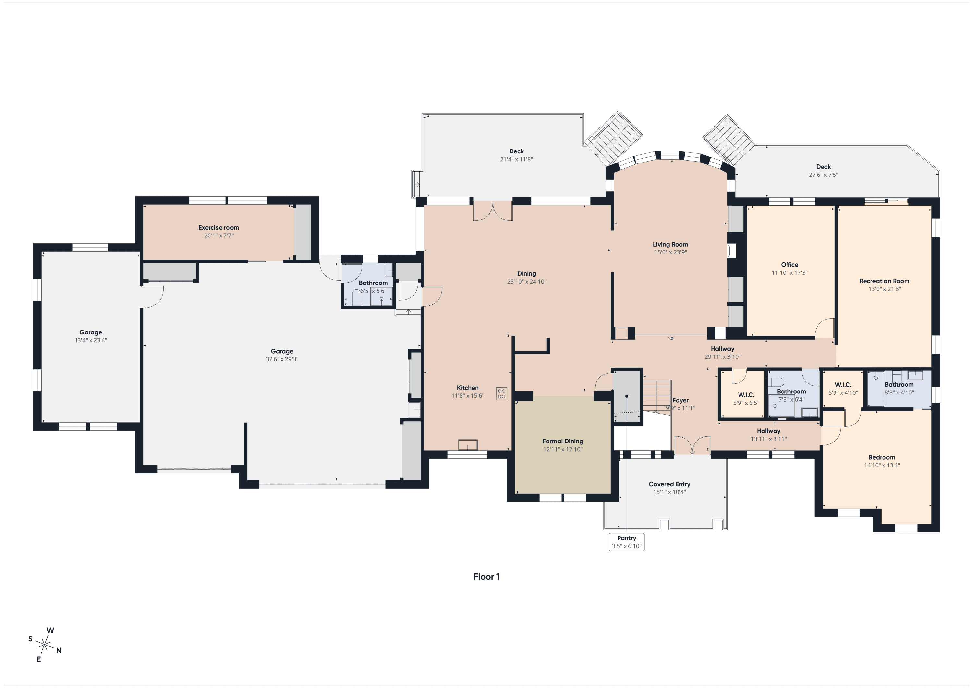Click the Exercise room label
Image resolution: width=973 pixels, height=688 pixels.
219,228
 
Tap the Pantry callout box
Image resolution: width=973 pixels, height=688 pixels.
626,542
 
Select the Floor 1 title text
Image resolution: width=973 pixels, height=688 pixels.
486,577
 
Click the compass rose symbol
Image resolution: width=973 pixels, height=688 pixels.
44,646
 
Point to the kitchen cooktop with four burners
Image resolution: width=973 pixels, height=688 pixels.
502,393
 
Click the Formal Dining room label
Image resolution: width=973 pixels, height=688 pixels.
563,441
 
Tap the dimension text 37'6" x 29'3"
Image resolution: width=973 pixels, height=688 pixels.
282,359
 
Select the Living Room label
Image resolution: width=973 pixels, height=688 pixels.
670,245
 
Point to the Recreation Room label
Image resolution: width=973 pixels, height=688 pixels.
884,281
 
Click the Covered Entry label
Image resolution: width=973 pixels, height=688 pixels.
669,484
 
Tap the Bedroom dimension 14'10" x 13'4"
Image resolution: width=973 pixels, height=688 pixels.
882,465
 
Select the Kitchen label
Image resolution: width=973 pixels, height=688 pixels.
468,388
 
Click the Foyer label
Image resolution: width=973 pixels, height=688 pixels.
680,401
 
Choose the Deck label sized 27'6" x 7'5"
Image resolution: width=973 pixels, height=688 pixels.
823,167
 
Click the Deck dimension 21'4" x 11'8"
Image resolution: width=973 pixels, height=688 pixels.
517,159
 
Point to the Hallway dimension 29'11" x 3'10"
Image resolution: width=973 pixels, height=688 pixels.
723,357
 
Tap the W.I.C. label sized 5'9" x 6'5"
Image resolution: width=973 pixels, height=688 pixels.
746,395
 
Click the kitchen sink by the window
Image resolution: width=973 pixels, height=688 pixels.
467,445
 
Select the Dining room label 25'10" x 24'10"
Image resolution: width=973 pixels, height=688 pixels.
527,274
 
